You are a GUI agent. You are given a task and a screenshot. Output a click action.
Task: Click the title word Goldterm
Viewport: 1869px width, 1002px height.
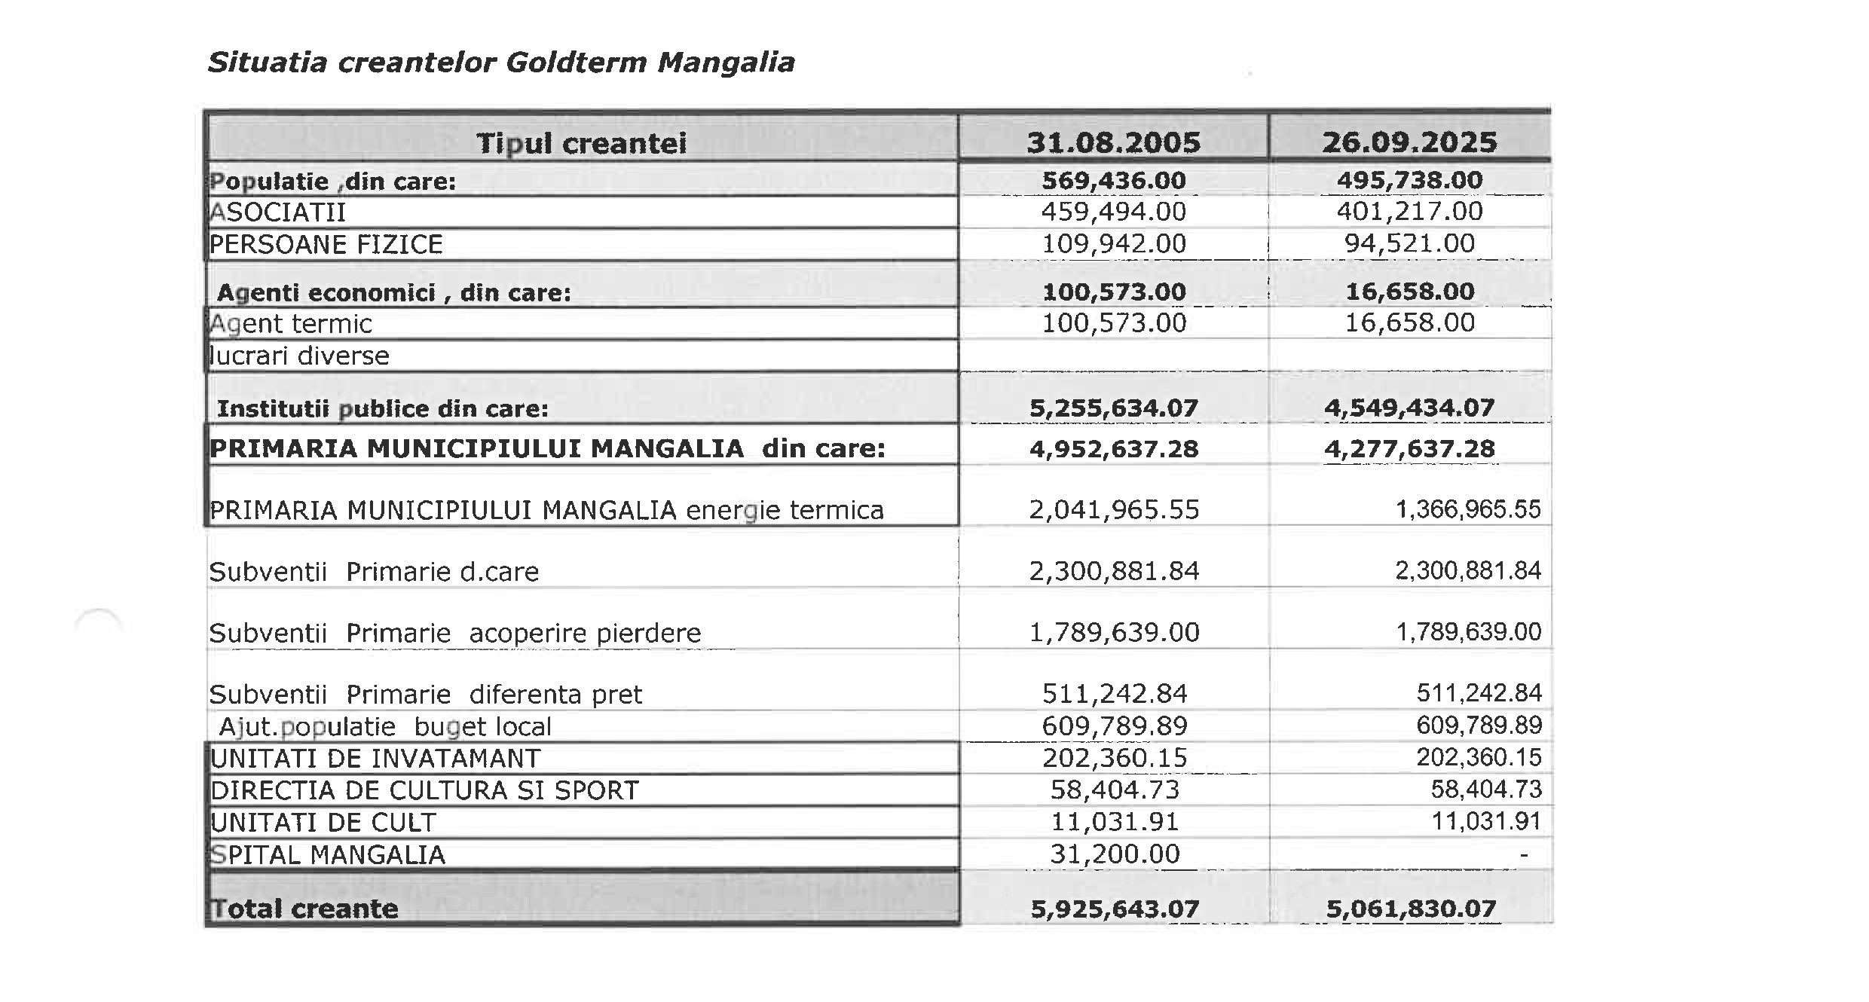pyautogui.click(x=576, y=63)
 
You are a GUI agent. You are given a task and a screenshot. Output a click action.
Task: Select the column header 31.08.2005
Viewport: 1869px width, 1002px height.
pyautogui.click(x=1113, y=142)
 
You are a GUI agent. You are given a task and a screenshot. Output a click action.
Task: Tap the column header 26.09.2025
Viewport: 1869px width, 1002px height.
pyautogui.click(x=1409, y=142)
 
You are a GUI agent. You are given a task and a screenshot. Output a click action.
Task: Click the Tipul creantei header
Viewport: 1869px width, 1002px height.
pyautogui.click(x=581, y=143)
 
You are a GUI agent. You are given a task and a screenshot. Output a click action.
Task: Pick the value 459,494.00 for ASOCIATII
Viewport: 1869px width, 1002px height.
pyautogui.click(x=1113, y=212)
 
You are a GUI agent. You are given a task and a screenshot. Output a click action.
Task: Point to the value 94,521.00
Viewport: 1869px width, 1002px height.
pyautogui.click(x=1409, y=243)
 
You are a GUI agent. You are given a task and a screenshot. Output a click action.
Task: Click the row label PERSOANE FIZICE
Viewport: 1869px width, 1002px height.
pyautogui.click(x=326, y=245)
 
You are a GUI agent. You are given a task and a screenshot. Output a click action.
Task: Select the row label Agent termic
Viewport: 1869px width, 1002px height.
pyautogui.click(x=291, y=324)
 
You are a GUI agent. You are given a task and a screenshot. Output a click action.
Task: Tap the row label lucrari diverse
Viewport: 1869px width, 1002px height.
pyautogui.click(x=299, y=356)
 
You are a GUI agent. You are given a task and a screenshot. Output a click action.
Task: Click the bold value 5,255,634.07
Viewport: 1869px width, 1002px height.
pyautogui.click(x=1113, y=408)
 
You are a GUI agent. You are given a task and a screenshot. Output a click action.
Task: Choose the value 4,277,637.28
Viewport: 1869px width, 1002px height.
pyautogui.click(x=1409, y=449)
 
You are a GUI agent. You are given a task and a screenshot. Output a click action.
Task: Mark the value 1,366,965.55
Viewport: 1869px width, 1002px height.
pyautogui.click(x=1467, y=510)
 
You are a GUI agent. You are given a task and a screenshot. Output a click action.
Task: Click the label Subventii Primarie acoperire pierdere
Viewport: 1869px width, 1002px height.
pyautogui.click(x=454, y=633)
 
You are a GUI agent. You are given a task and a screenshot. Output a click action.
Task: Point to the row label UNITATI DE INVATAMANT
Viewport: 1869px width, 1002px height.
pyautogui.click(x=375, y=759)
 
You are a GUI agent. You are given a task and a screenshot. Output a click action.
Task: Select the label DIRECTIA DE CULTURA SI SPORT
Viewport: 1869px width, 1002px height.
pyautogui.click(x=424, y=790)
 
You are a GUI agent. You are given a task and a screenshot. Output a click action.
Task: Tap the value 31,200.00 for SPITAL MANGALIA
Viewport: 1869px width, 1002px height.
pyautogui.click(x=1114, y=854)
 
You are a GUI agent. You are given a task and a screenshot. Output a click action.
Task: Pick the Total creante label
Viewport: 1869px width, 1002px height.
pyautogui.click(x=304, y=909)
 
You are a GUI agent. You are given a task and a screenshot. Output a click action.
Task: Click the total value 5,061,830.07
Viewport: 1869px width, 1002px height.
pyautogui.click(x=1411, y=909)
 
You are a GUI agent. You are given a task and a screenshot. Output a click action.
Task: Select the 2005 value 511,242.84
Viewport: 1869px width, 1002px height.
pyautogui.click(x=1114, y=694)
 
